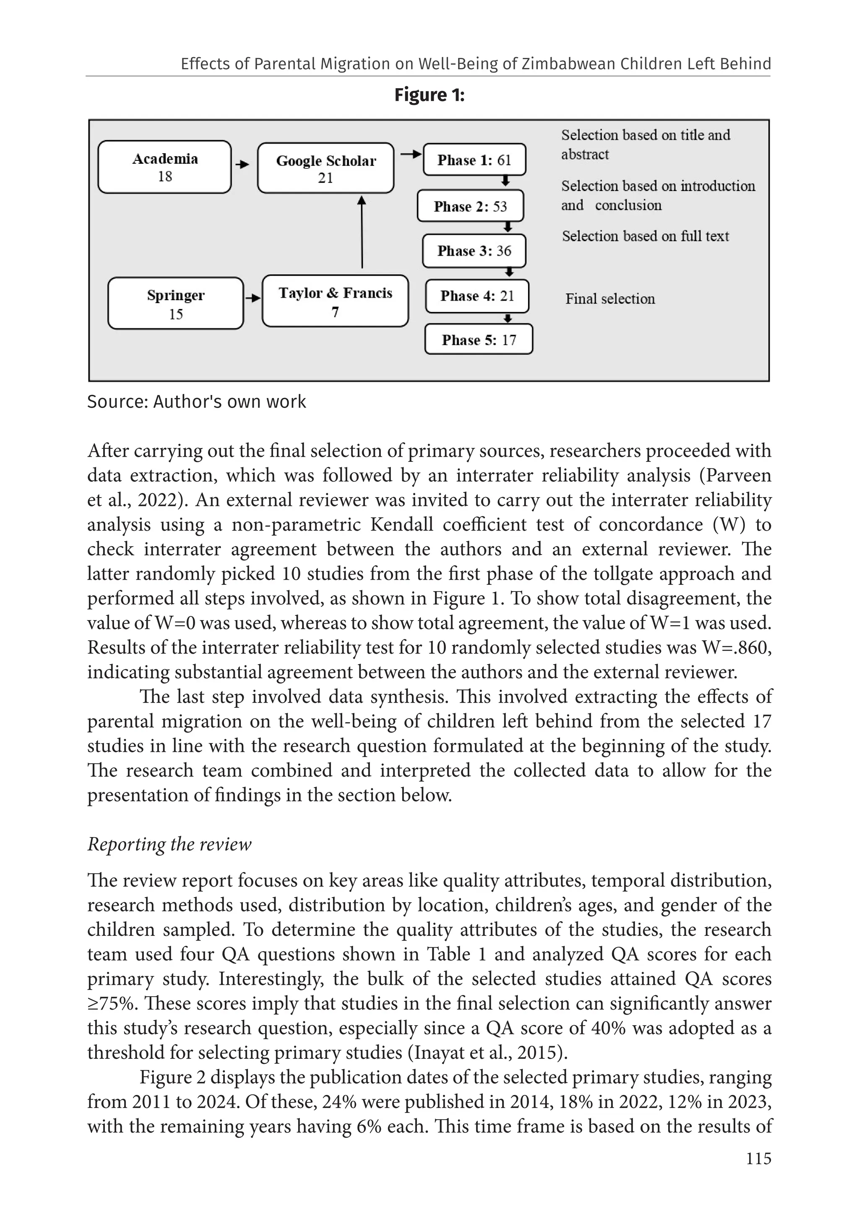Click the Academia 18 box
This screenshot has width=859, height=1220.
(x=164, y=167)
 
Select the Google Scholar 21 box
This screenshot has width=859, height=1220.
(x=325, y=168)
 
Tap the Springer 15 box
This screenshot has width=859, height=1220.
(x=175, y=304)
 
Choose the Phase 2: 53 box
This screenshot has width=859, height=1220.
(x=470, y=206)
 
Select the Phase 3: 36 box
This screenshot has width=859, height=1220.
(x=474, y=251)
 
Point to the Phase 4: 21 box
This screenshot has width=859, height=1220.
(x=477, y=296)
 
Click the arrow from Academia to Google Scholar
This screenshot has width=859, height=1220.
(x=242, y=165)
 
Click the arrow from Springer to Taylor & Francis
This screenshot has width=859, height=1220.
(x=253, y=298)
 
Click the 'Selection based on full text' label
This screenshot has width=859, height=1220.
(x=645, y=236)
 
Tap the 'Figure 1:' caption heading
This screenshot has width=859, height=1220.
(x=429, y=95)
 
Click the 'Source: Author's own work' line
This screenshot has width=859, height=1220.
(x=196, y=402)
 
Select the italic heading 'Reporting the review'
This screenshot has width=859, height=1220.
(x=169, y=844)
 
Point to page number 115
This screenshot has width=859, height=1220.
(x=758, y=1158)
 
